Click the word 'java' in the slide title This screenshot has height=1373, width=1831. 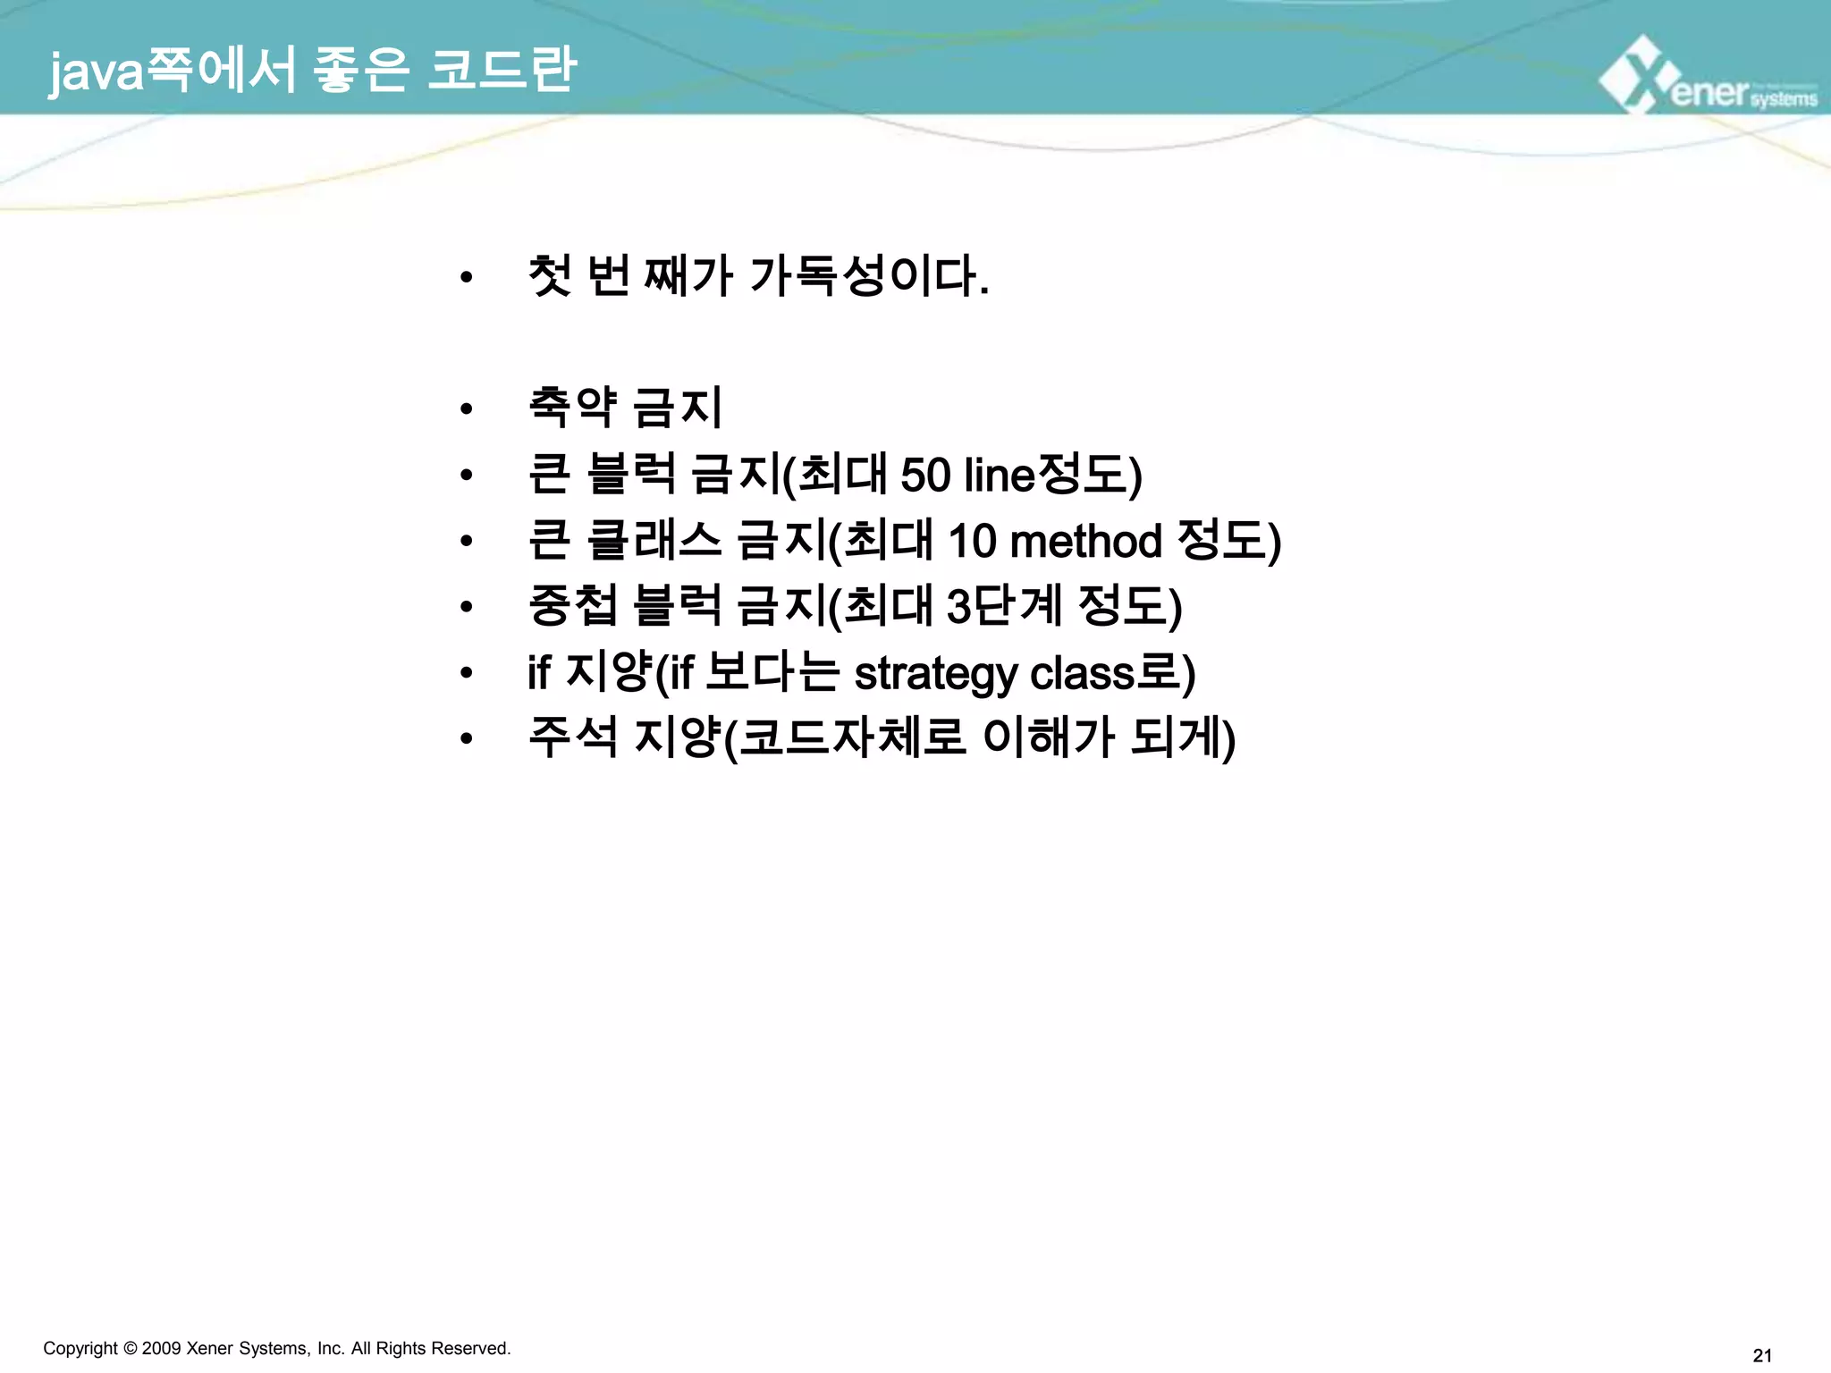click(x=97, y=72)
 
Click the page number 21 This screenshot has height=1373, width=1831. click(x=1762, y=1355)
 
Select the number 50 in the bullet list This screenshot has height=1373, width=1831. click(x=924, y=475)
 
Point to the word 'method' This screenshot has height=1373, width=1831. click(x=1085, y=541)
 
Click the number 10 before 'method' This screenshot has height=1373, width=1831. click(x=971, y=541)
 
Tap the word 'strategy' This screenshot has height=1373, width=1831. click(x=935, y=674)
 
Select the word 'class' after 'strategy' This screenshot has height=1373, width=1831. click(x=1085, y=673)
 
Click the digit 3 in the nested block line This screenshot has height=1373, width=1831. click(x=958, y=607)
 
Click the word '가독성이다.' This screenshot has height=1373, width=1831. click(x=868, y=276)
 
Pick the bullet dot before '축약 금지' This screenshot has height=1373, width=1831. click(x=465, y=409)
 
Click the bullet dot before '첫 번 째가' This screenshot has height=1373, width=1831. click(x=465, y=278)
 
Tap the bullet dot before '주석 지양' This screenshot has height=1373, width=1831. click(x=465, y=738)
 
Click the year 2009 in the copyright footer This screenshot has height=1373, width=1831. click(x=161, y=1348)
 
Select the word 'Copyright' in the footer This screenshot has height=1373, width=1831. click(x=80, y=1348)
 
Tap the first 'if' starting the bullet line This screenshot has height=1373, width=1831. click(x=538, y=673)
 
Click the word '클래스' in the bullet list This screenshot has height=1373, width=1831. click(x=654, y=541)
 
